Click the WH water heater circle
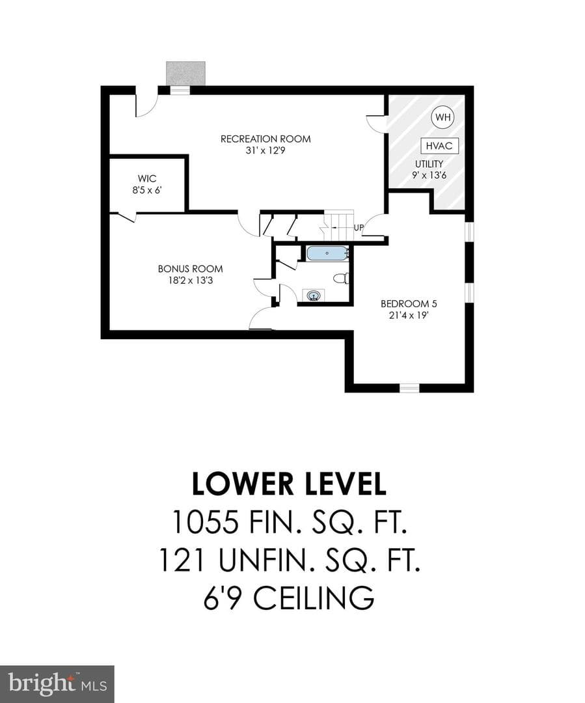pos(442,117)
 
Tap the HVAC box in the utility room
pos(439,146)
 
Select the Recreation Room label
pos(265,139)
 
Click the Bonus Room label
pos(190,269)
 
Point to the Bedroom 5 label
pos(409,303)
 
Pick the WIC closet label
pos(147,178)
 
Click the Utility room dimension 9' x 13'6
pos(429,175)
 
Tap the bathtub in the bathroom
pos(327,253)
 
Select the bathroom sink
pos(314,296)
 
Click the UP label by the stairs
pos(359,228)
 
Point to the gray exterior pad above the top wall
pos(185,73)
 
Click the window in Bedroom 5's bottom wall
pos(409,388)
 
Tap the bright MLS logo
pos(57,685)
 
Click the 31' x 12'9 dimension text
pos(265,150)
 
